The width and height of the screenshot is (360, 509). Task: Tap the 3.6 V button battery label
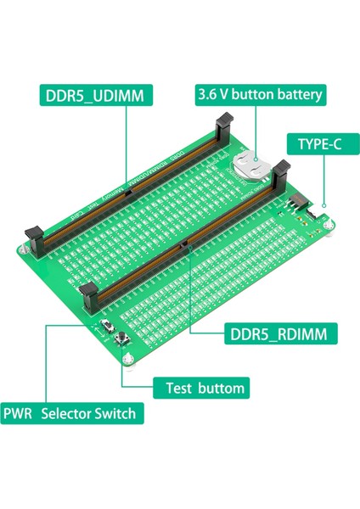pyautogui.click(x=261, y=94)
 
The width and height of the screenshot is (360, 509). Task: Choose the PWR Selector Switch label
pyautogui.click(x=72, y=414)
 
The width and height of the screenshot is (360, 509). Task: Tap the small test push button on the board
pyautogui.click(x=120, y=341)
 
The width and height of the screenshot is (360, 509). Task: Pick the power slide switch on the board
pyautogui.click(x=109, y=327)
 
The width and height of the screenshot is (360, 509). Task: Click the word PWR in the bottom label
pyautogui.click(x=20, y=414)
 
